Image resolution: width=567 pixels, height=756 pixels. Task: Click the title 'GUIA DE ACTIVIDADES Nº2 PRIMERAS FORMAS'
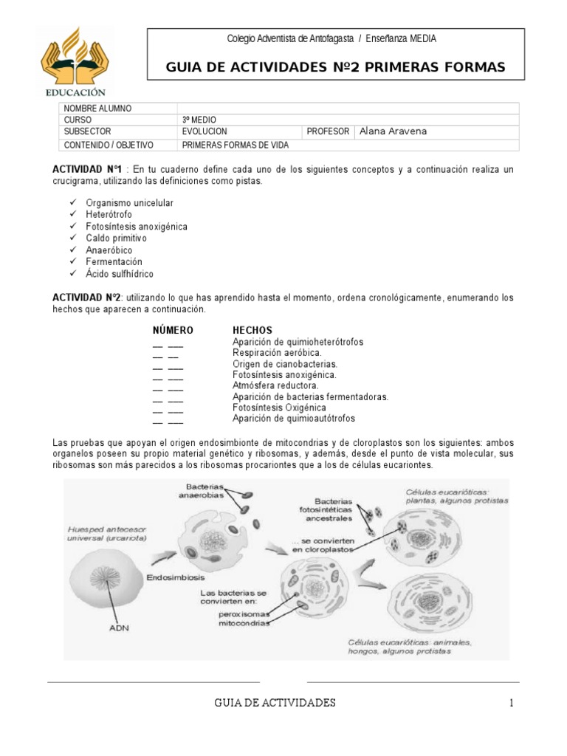(x=336, y=68)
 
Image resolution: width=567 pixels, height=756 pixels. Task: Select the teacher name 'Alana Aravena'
(x=393, y=131)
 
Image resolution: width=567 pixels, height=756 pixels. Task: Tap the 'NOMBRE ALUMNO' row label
(x=97, y=109)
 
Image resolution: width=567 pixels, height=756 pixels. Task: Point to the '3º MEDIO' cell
(x=199, y=120)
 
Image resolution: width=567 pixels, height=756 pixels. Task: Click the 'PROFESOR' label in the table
(x=328, y=131)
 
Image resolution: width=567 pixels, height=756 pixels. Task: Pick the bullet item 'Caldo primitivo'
(x=117, y=238)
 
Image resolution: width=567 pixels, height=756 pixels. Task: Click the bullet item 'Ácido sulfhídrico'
(x=120, y=274)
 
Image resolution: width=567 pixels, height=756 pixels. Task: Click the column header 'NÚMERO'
(x=173, y=330)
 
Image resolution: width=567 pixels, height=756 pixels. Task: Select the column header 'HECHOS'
(x=252, y=330)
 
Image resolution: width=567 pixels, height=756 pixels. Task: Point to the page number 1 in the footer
(x=510, y=703)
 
